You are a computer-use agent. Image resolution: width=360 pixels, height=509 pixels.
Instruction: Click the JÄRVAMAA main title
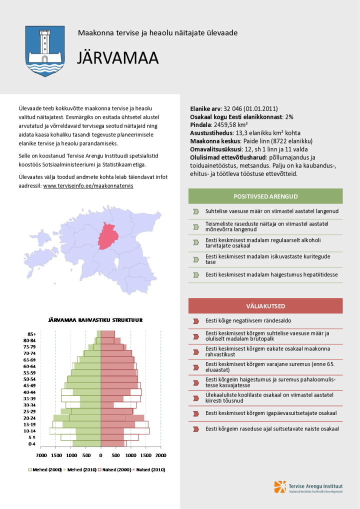coord(117,58)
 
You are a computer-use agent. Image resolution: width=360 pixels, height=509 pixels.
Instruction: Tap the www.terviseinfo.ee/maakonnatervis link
coord(88,185)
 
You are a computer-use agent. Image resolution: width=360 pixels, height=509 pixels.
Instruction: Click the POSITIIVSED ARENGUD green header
coord(265,196)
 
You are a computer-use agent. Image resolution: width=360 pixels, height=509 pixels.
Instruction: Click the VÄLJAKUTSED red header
coord(265,305)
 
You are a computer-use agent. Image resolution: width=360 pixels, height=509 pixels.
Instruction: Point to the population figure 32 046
coord(232,108)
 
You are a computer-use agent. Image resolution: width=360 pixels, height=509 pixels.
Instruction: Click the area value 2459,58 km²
coord(230,124)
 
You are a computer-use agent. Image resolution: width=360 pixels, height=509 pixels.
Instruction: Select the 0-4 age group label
coord(31,444)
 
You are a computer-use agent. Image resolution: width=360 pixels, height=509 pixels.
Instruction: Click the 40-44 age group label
coord(29,392)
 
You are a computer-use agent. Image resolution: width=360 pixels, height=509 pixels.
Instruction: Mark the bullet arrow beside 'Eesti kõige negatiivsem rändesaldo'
coord(196,321)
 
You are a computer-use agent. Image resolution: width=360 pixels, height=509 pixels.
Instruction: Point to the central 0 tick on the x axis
coord(100,455)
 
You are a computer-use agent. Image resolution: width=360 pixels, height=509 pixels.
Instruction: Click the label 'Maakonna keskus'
coord(210,141)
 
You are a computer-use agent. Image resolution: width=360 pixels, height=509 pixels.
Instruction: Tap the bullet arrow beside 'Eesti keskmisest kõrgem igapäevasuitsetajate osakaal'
coord(196,413)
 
